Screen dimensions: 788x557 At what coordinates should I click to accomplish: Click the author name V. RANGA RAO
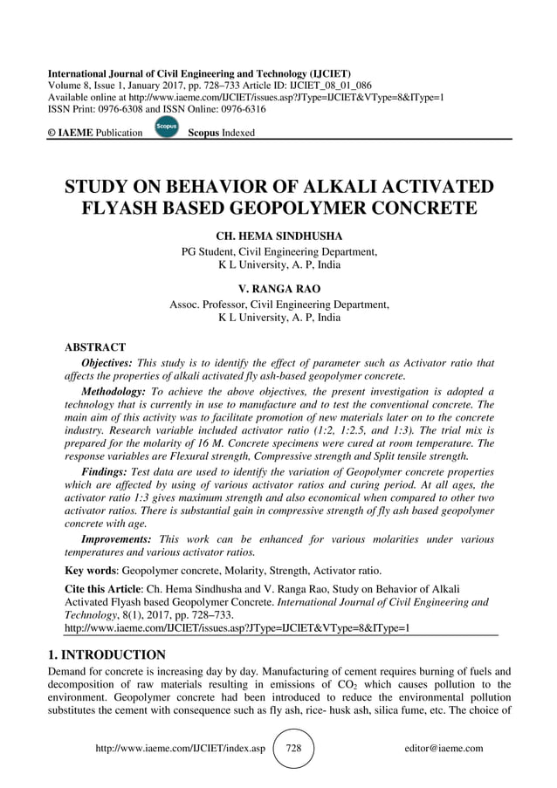tap(278, 289)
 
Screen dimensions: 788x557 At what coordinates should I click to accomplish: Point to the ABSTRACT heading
tap(96, 347)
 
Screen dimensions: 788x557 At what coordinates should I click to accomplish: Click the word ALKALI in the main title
tap(335, 186)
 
